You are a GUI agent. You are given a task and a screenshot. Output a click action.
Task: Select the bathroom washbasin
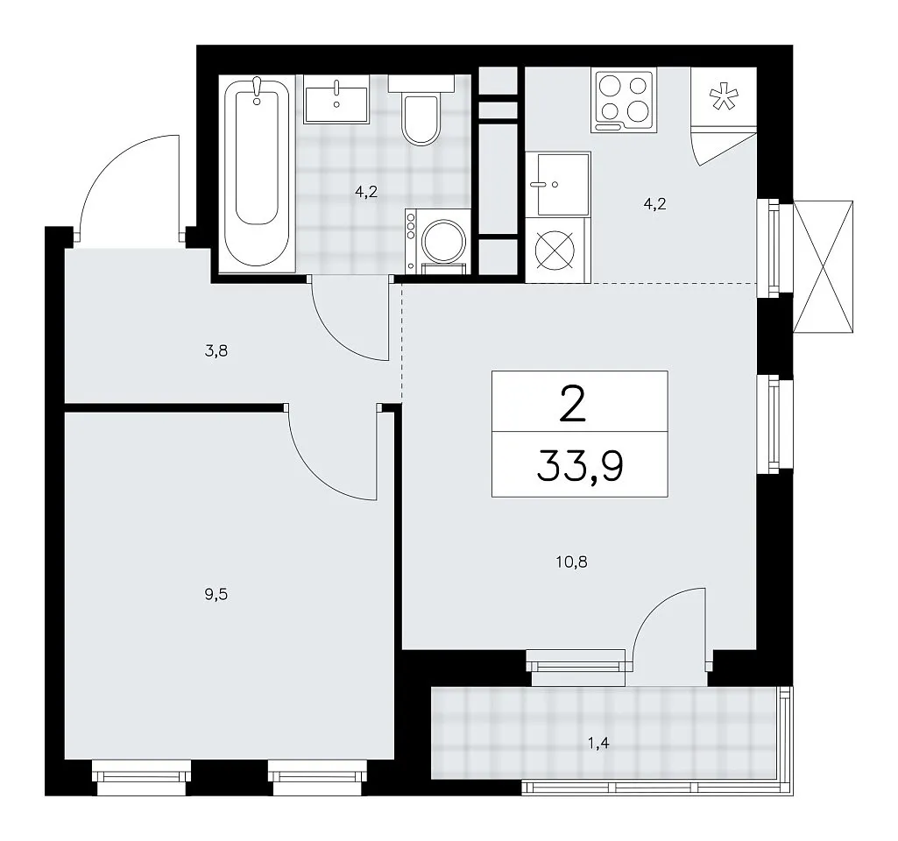pyautogui.click(x=336, y=105)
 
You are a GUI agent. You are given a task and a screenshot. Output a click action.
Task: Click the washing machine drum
pyautogui.click(x=443, y=241)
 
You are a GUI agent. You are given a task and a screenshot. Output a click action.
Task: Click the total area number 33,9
pyautogui.click(x=580, y=466)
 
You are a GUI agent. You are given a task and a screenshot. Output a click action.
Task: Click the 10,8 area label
pyautogui.click(x=571, y=562)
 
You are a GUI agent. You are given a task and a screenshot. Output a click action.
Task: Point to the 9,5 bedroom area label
pyautogui.click(x=216, y=595)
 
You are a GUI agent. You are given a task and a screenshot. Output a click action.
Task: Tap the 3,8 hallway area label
pyautogui.click(x=216, y=351)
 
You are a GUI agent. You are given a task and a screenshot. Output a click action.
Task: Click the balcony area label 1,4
pyautogui.click(x=597, y=744)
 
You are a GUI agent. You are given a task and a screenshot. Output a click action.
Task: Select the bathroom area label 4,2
pyautogui.click(x=366, y=192)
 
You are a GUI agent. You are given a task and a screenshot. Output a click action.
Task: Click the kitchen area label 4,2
pyautogui.click(x=654, y=204)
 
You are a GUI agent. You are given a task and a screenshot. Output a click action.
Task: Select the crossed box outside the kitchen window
pyautogui.click(x=823, y=266)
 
